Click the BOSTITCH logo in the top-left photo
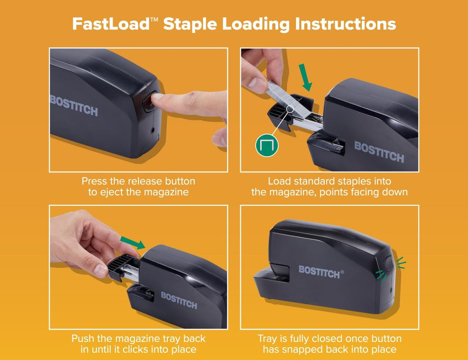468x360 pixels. tap(74, 106)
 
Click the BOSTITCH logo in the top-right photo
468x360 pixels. tap(379, 152)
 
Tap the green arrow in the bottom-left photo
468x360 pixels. tap(133, 242)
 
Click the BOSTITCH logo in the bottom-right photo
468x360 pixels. tap(319, 271)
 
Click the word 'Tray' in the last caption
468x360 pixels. tap(267, 339)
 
